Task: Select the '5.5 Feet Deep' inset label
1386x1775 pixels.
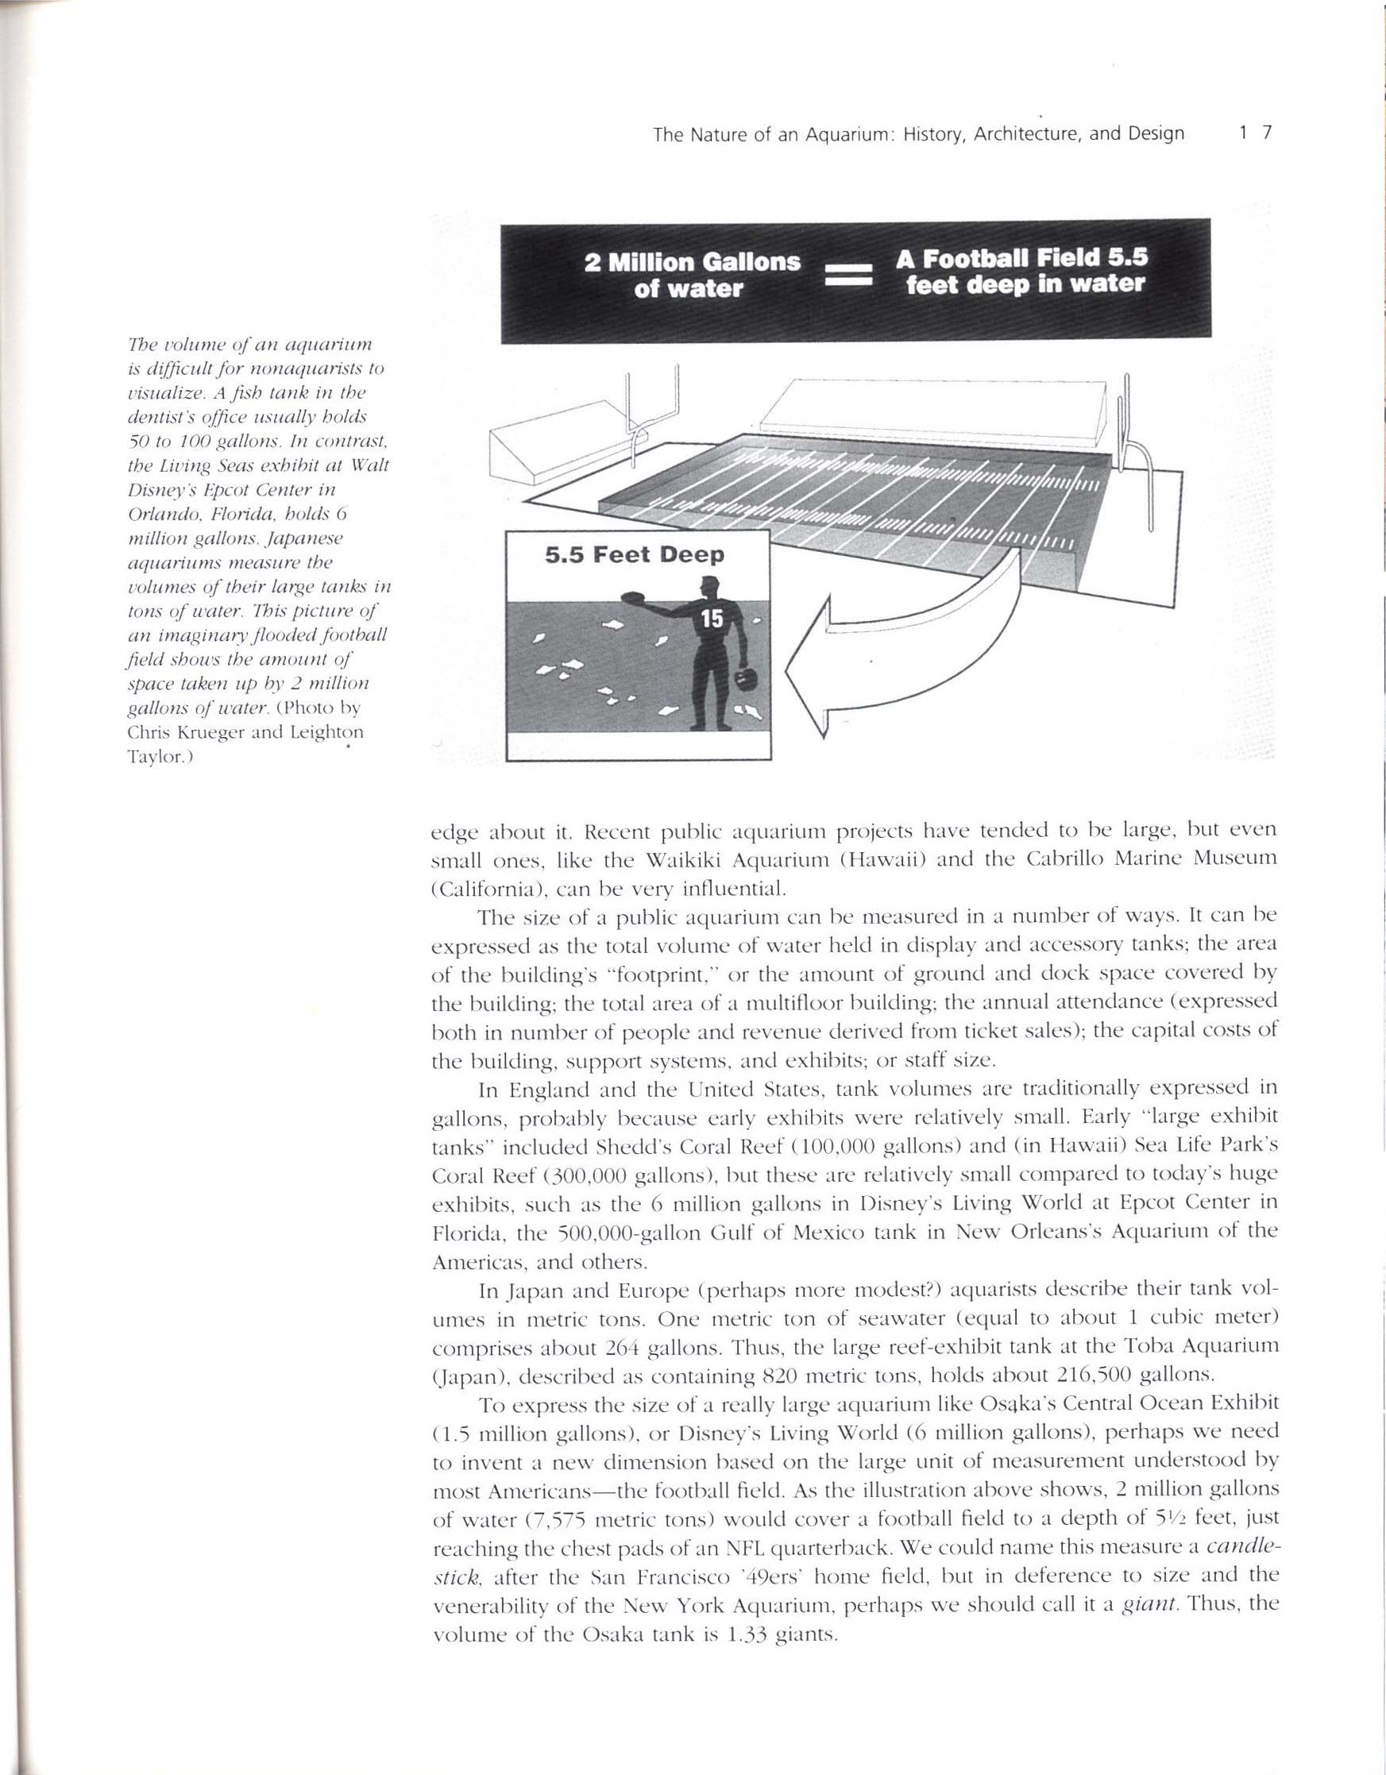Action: pyautogui.click(x=634, y=556)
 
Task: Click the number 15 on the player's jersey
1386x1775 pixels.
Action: pyautogui.click(x=712, y=619)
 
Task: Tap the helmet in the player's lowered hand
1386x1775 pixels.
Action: pyautogui.click(x=741, y=677)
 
